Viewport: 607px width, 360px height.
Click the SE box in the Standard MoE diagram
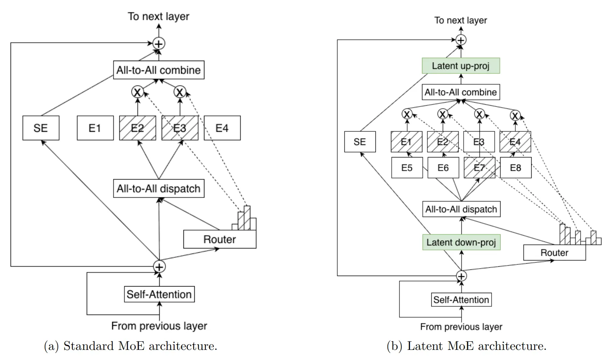[x=41, y=128]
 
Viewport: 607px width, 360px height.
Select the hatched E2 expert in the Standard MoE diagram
[x=137, y=128]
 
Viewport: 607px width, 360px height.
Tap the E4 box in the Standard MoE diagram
[x=222, y=128]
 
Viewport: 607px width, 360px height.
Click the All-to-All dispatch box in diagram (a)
[x=159, y=189]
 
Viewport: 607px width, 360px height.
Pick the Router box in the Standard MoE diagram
[x=220, y=239]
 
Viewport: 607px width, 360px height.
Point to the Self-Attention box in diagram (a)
[x=159, y=294]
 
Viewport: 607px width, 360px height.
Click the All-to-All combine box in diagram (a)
[x=159, y=70]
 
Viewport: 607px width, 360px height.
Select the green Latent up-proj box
[x=460, y=66]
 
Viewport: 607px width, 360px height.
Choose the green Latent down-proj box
[x=461, y=243]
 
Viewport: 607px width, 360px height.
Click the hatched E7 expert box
[x=480, y=168]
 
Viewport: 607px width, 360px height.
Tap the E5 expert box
[x=407, y=168]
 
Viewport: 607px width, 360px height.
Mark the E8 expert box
[x=515, y=168]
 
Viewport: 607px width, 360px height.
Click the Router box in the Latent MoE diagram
[x=554, y=253]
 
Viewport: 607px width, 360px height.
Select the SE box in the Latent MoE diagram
[x=360, y=142]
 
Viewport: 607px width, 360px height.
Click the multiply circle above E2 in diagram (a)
[x=138, y=92]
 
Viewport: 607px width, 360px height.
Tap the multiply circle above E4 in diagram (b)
[x=515, y=115]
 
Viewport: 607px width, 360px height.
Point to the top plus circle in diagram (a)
[x=159, y=44]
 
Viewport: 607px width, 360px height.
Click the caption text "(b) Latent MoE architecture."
[x=466, y=346]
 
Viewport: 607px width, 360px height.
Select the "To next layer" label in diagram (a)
[x=159, y=16]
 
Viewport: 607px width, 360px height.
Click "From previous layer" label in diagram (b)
[x=461, y=327]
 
